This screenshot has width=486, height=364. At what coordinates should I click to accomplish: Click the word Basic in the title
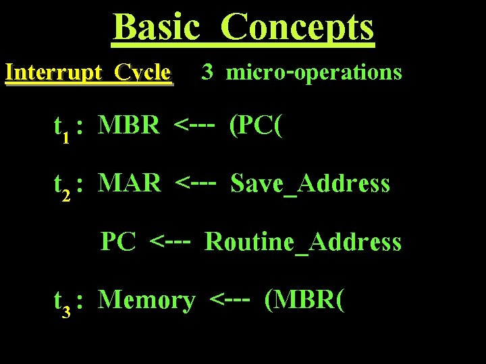157,28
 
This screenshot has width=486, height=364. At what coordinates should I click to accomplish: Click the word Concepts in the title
297,28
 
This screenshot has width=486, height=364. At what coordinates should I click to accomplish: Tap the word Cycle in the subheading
143,72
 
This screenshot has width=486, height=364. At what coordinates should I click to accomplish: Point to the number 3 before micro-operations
207,72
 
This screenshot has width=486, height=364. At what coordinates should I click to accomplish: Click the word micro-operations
314,72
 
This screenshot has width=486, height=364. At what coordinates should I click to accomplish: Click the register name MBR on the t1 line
129,125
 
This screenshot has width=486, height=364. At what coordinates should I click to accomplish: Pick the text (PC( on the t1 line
254,125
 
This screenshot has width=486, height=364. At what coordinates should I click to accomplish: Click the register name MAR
130,183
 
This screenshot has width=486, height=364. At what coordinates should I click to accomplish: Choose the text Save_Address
310,183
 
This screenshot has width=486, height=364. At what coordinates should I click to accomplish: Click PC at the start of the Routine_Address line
118,241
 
